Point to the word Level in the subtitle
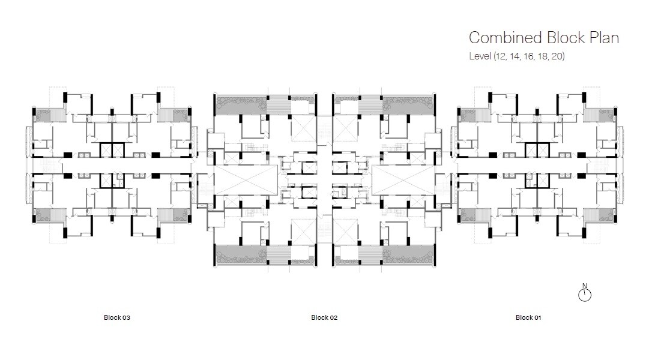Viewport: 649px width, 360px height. click(x=479, y=57)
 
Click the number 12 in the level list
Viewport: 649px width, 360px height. click(x=500, y=57)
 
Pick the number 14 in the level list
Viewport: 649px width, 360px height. click(x=515, y=57)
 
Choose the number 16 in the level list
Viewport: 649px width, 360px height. click(x=529, y=57)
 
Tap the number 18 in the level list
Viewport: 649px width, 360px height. click(x=543, y=57)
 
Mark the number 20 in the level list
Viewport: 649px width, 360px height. click(x=558, y=57)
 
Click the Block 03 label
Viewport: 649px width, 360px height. click(x=117, y=318)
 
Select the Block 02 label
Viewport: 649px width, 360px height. click(x=324, y=318)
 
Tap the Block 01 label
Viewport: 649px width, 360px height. click(x=528, y=318)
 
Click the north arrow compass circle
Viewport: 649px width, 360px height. click(x=585, y=295)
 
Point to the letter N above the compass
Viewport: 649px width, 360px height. click(x=585, y=286)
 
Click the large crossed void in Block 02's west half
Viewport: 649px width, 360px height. click(x=246, y=180)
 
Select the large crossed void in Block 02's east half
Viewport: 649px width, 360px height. click(x=403, y=180)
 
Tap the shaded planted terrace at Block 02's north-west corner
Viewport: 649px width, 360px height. click(x=240, y=106)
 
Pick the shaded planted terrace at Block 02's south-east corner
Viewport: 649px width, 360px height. click(x=408, y=254)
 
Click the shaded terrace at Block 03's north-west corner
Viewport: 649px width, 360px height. click(x=44, y=114)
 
